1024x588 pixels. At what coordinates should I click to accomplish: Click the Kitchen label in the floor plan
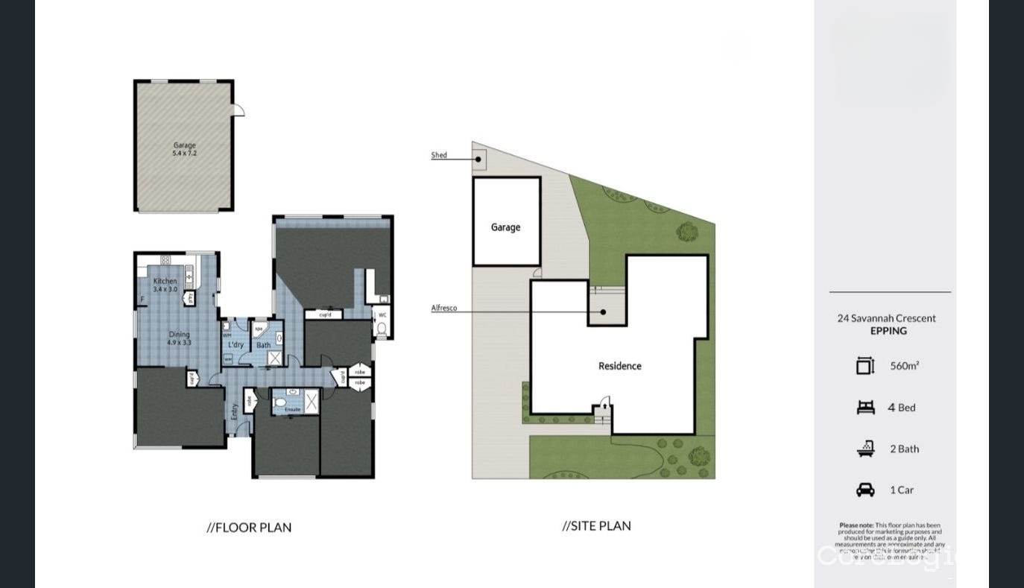pyautogui.click(x=165, y=281)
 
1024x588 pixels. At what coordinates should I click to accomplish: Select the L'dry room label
pyautogui.click(x=236, y=345)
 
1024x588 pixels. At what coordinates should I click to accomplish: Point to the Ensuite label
pyautogui.click(x=292, y=409)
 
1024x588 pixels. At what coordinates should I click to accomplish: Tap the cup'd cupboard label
pyautogui.click(x=324, y=315)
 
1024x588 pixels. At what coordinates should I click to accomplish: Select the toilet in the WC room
pyautogui.click(x=381, y=329)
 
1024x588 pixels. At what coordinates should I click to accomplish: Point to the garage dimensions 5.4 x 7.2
pyautogui.click(x=184, y=154)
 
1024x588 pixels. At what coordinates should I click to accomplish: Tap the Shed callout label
pyautogui.click(x=439, y=155)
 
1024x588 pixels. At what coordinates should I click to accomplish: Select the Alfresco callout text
pyautogui.click(x=444, y=308)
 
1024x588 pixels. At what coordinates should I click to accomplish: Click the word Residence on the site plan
pyautogui.click(x=619, y=366)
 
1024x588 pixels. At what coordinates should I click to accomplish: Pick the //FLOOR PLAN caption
pyautogui.click(x=249, y=528)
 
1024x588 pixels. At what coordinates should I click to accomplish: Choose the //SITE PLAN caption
pyautogui.click(x=596, y=525)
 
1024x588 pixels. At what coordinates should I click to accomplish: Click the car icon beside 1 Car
pyautogui.click(x=865, y=490)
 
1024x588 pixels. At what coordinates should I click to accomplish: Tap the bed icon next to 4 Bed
pyautogui.click(x=865, y=407)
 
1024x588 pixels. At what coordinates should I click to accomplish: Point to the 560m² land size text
pyautogui.click(x=904, y=366)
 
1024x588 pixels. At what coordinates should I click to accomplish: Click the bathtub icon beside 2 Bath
pyautogui.click(x=865, y=449)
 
